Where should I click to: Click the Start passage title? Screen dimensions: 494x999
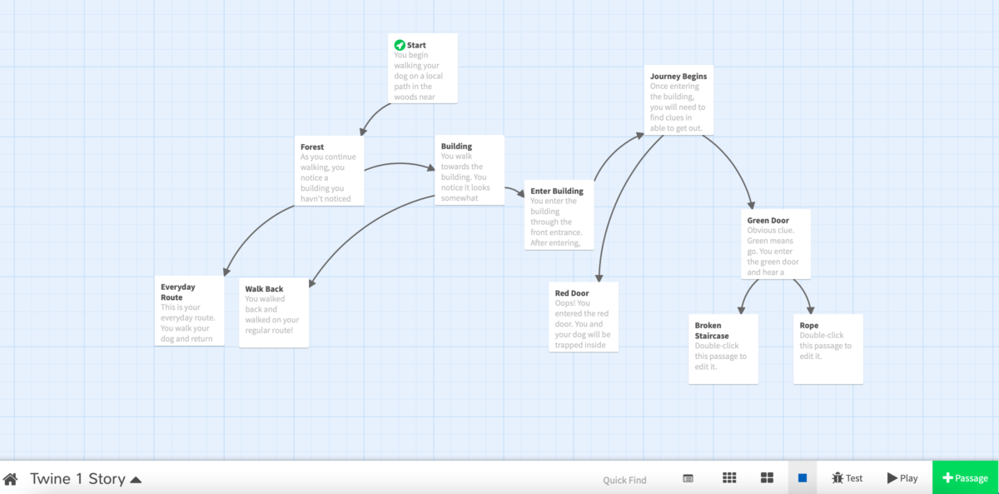click(416, 45)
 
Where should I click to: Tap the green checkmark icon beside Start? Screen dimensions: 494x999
click(400, 45)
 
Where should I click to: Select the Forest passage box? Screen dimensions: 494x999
click(329, 171)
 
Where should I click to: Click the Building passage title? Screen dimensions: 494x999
click(456, 147)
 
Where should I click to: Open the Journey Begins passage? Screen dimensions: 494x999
click(678, 100)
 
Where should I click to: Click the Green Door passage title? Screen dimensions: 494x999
click(768, 221)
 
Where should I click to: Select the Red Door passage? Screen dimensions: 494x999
click(584, 317)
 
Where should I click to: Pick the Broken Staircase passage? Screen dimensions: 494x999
click(723, 348)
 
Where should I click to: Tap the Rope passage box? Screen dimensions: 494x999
click(828, 348)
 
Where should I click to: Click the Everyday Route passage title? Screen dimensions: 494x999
click(177, 292)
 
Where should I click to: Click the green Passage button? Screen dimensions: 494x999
click(965, 478)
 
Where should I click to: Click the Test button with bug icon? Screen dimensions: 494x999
click(847, 478)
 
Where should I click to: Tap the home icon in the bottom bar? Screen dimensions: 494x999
click(11, 479)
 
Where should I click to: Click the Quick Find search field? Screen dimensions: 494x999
click(624, 479)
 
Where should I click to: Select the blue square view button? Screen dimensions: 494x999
click(803, 478)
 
